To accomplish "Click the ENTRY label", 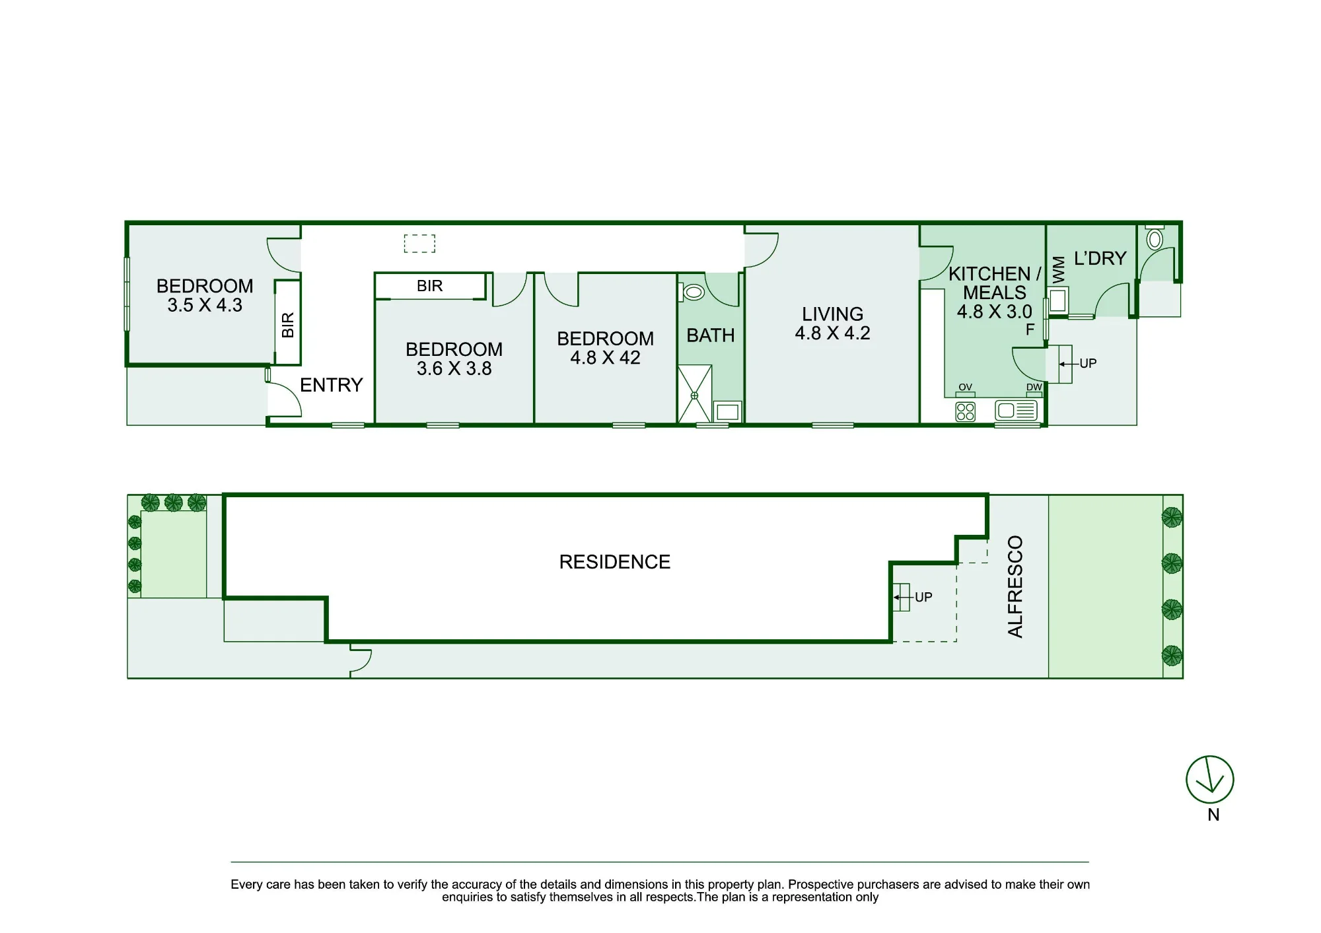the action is (332, 385).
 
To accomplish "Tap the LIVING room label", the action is (832, 314).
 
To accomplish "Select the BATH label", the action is (711, 335).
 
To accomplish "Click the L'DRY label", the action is (1100, 258).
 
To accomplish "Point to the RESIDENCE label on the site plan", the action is (615, 562).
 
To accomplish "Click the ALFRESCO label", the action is (1015, 586).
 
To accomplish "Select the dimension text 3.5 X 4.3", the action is (205, 305).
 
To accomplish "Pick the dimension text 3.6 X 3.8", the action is (454, 368).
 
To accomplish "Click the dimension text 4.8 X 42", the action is (605, 358).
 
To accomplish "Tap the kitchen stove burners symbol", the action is (966, 412).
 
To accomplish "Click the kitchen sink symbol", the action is (1017, 411).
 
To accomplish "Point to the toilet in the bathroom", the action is (692, 292).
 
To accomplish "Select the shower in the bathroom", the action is (695, 394).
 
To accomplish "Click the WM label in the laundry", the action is (1059, 270).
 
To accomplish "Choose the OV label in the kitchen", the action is (965, 387).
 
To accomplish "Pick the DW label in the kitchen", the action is (1034, 387).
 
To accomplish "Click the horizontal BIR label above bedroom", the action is (430, 286).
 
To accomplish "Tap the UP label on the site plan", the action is (923, 598).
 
